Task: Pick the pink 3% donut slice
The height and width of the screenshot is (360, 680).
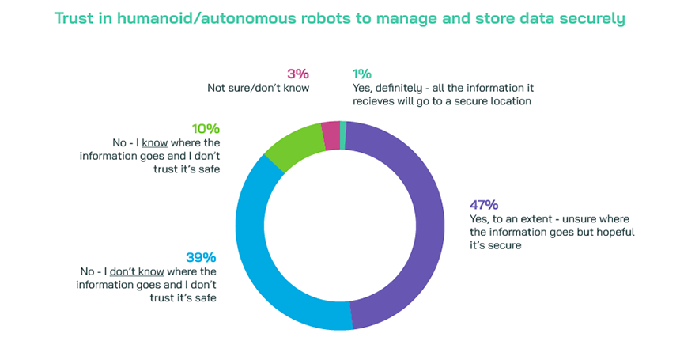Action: [331, 135]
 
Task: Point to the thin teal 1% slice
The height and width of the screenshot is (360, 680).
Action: [342, 134]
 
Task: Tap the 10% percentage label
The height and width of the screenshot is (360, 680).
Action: [205, 129]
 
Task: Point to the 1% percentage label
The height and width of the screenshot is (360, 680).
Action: [361, 74]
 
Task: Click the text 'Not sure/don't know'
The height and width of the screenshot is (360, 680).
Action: [258, 88]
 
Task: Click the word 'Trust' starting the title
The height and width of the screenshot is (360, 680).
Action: [76, 17]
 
